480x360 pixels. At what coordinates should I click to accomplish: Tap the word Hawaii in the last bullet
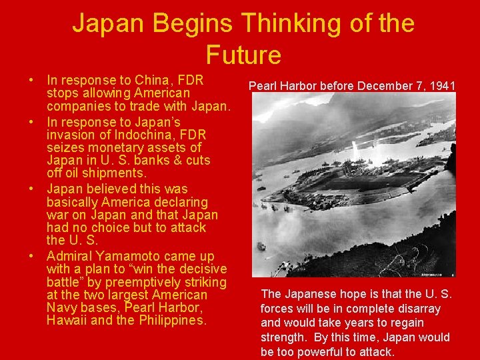tap(67, 321)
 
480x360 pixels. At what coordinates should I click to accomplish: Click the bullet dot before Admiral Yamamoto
tap(32, 256)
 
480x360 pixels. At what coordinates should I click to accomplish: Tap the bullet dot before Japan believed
tap(32, 189)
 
